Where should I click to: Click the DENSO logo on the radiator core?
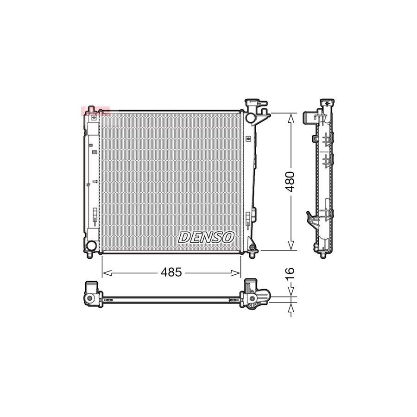(x=206, y=237)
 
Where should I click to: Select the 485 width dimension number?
(x=171, y=272)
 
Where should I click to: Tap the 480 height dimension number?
(x=291, y=182)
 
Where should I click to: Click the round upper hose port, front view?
(x=251, y=118)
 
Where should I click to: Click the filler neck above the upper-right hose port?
(x=253, y=103)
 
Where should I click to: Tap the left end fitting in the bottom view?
(x=92, y=294)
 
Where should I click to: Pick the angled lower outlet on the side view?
(x=311, y=219)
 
